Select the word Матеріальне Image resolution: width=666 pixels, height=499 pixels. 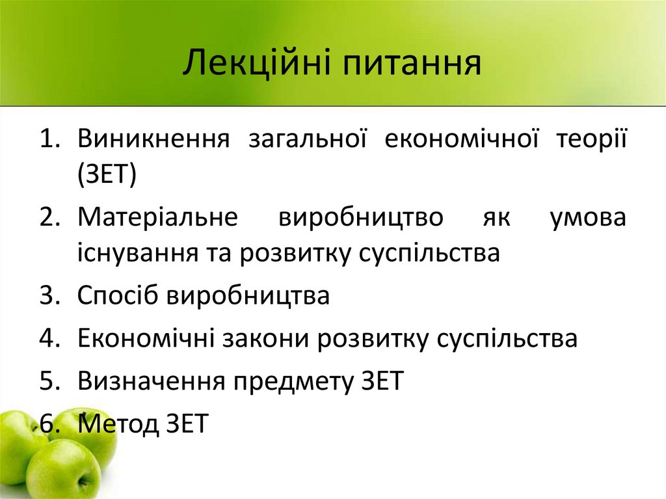point(157,217)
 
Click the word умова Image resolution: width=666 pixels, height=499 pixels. point(587,217)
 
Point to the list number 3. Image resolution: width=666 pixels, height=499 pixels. point(48,295)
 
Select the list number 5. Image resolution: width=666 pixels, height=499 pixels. point(48,381)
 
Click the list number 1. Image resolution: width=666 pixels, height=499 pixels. point(48,140)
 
